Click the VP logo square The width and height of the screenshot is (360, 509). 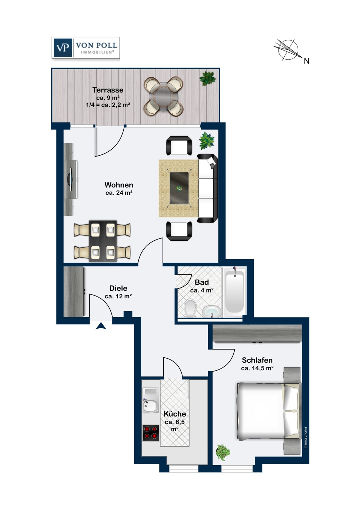62,48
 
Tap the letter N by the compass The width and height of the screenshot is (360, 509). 307,61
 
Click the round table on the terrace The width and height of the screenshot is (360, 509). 163,96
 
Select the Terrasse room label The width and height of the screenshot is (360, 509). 108,90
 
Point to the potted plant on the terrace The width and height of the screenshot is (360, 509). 208,78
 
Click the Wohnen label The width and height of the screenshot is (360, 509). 119,185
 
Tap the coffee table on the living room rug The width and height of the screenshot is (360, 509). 179,188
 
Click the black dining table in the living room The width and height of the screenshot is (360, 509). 103,241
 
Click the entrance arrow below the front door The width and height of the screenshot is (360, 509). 101,326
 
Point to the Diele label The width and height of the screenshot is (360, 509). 118,288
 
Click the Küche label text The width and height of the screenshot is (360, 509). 175,414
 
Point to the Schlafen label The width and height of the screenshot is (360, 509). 257,360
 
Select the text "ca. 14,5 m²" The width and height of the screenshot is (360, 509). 257,368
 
